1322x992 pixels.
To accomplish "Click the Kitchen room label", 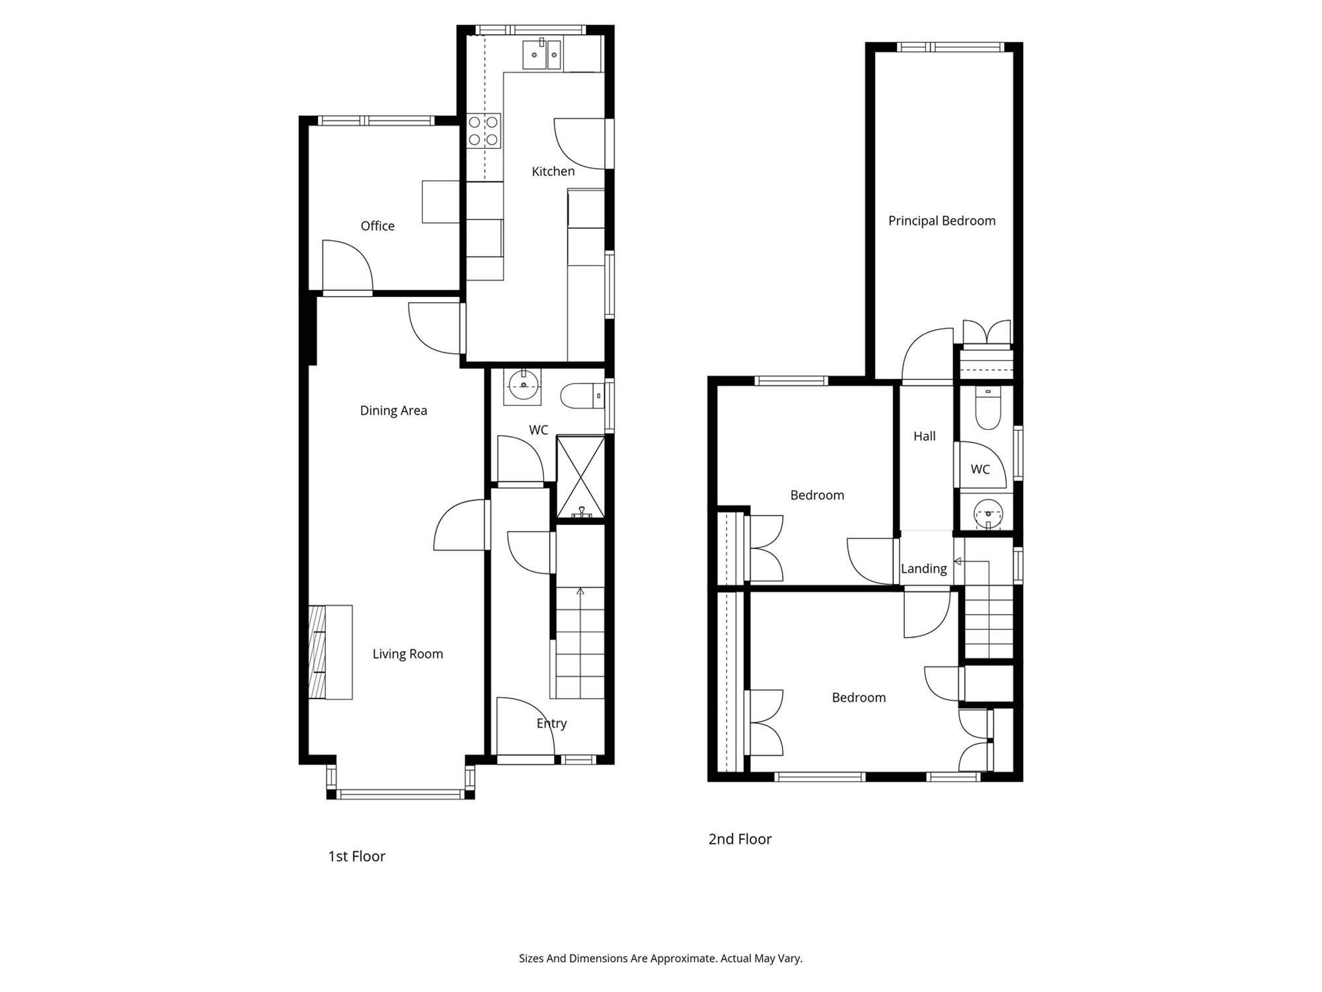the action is pyautogui.click(x=553, y=171).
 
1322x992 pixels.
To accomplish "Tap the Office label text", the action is pyautogui.click(x=377, y=226).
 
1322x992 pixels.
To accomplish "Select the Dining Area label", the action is pyautogui.click(x=393, y=411).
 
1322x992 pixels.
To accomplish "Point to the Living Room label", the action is pyautogui.click(x=408, y=654).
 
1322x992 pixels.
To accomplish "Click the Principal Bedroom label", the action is pyautogui.click(x=942, y=221).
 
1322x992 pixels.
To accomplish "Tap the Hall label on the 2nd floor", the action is pyautogui.click(x=925, y=436).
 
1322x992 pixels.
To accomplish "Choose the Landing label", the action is pyautogui.click(x=923, y=569).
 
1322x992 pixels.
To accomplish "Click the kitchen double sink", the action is pyautogui.click(x=542, y=54).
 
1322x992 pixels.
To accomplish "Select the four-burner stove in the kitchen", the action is pyautogui.click(x=483, y=131).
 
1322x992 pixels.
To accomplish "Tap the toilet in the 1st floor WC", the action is pyautogui.click(x=582, y=396).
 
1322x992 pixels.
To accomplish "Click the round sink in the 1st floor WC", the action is pyautogui.click(x=523, y=386).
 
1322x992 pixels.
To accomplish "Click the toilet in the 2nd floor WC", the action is pyautogui.click(x=988, y=407).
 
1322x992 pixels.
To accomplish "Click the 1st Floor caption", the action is pyautogui.click(x=357, y=856).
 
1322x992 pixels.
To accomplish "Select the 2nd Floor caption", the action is pyautogui.click(x=740, y=839).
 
